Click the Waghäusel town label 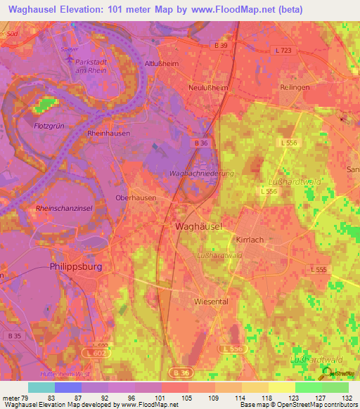click(x=198, y=226)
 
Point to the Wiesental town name click(x=211, y=300)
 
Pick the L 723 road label click(x=283, y=51)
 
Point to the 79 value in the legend click(x=28, y=398)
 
